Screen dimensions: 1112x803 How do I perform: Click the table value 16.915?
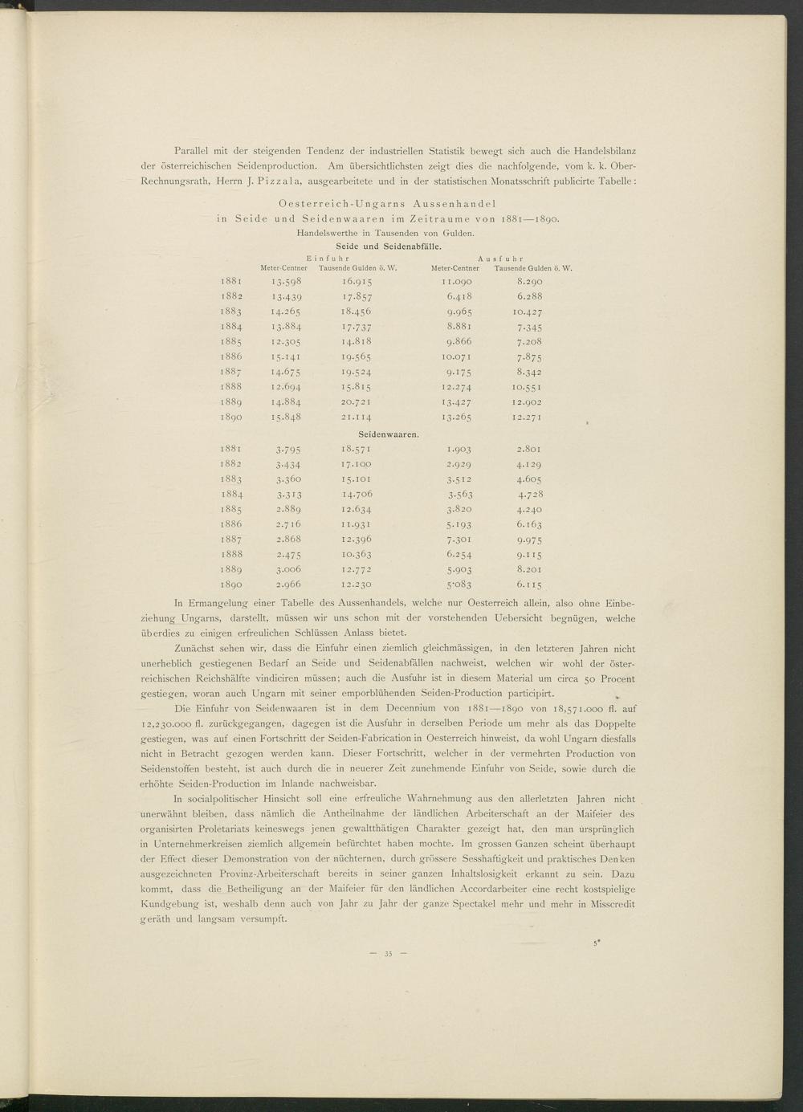pos(355,282)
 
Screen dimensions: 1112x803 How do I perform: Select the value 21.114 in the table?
pos(355,418)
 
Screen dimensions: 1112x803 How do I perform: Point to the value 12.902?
pos(527,402)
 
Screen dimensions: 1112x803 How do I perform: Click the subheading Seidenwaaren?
pos(389,434)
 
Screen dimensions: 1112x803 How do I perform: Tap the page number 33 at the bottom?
pos(387,954)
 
